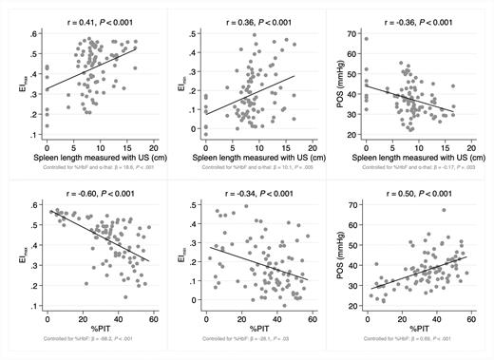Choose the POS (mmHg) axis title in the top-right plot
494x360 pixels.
click(x=334, y=85)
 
